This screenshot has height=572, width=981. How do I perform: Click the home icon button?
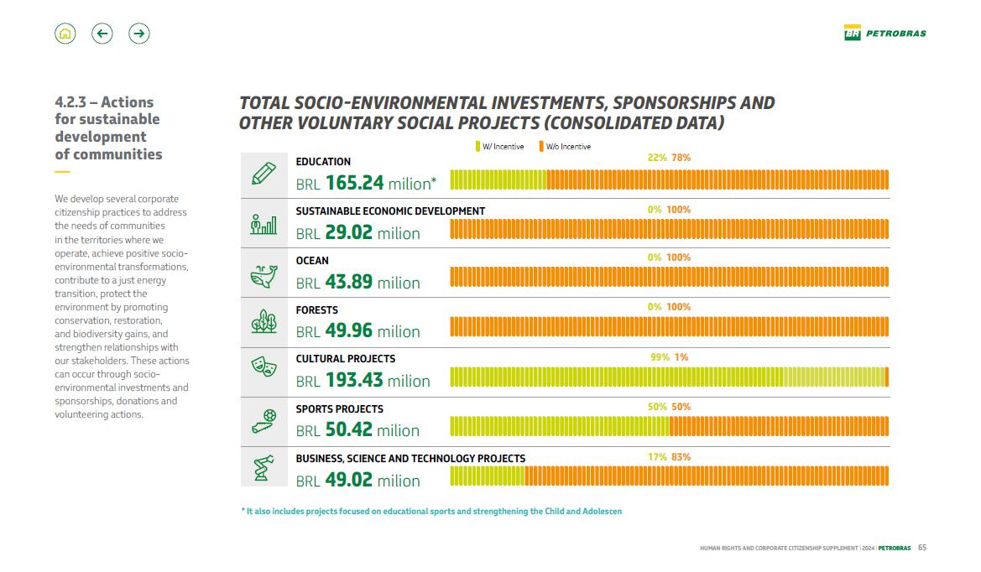coord(65,34)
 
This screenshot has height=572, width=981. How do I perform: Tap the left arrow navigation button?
coord(102,34)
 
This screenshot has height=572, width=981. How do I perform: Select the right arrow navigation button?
coord(139,34)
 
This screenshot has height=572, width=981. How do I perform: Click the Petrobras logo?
coord(885,34)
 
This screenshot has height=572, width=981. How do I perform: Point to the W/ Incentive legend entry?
coord(500,147)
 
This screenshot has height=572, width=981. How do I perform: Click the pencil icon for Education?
coord(264,174)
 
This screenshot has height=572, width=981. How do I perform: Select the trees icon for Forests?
coord(264,322)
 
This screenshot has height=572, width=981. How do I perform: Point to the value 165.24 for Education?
coord(354,183)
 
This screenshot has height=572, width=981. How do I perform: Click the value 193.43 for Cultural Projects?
coord(354,380)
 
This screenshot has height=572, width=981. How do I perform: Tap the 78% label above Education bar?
coord(681,158)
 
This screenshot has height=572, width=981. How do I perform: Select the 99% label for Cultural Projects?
coord(660,357)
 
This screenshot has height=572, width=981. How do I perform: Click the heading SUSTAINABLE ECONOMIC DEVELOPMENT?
coord(390,211)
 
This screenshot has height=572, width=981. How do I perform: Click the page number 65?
coord(922,549)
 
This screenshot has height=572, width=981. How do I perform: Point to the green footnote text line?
coord(431,511)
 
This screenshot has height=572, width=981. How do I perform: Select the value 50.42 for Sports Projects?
coord(349,430)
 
